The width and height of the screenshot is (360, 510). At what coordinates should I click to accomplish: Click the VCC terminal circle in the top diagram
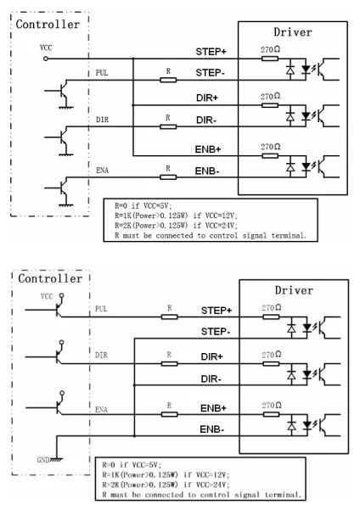pyautogui.click(x=46, y=59)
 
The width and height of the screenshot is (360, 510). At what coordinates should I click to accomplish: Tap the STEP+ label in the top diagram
pyautogui.click(x=211, y=52)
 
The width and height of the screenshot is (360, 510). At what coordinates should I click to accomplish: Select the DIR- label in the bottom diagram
pyautogui.click(x=211, y=379)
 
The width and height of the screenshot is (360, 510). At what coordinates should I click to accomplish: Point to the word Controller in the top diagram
pyautogui.click(x=48, y=25)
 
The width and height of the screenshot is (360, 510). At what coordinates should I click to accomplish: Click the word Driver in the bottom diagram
pyautogui.click(x=294, y=290)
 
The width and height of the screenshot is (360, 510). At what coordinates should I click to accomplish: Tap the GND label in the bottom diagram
pyautogui.click(x=43, y=460)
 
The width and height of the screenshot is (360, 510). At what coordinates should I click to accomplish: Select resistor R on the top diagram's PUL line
pyautogui.click(x=168, y=80)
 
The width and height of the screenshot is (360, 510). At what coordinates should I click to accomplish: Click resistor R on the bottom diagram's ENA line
pyautogui.click(x=170, y=414)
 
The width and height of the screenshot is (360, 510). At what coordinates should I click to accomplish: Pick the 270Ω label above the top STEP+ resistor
pyautogui.click(x=270, y=49)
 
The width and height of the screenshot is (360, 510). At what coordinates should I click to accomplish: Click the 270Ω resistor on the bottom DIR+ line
pyautogui.click(x=271, y=364)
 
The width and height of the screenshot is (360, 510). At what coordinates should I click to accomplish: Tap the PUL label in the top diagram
pyautogui.click(x=102, y=72)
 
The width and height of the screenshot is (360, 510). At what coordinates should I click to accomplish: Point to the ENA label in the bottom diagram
pyautogui.click(x=101, y=410)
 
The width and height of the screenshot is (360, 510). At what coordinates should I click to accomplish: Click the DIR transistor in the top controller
pyautogui.click(x=63, y=137)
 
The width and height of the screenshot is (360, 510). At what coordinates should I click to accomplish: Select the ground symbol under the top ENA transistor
pyautogui.click(x=66, y=205)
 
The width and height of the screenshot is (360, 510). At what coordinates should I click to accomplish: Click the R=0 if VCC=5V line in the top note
pyautogui.click(x=143, y=206)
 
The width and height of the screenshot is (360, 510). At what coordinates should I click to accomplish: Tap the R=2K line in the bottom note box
pyautogui.click(x=166, y=485)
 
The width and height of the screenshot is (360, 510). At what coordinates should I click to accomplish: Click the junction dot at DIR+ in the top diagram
pyautogui.click(x=132, y=105)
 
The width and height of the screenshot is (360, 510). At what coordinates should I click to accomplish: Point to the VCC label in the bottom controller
pyautogui.click(x=47, y=296)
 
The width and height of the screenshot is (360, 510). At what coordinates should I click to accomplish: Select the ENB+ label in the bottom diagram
pyautogui.click(x=213, y=408)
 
